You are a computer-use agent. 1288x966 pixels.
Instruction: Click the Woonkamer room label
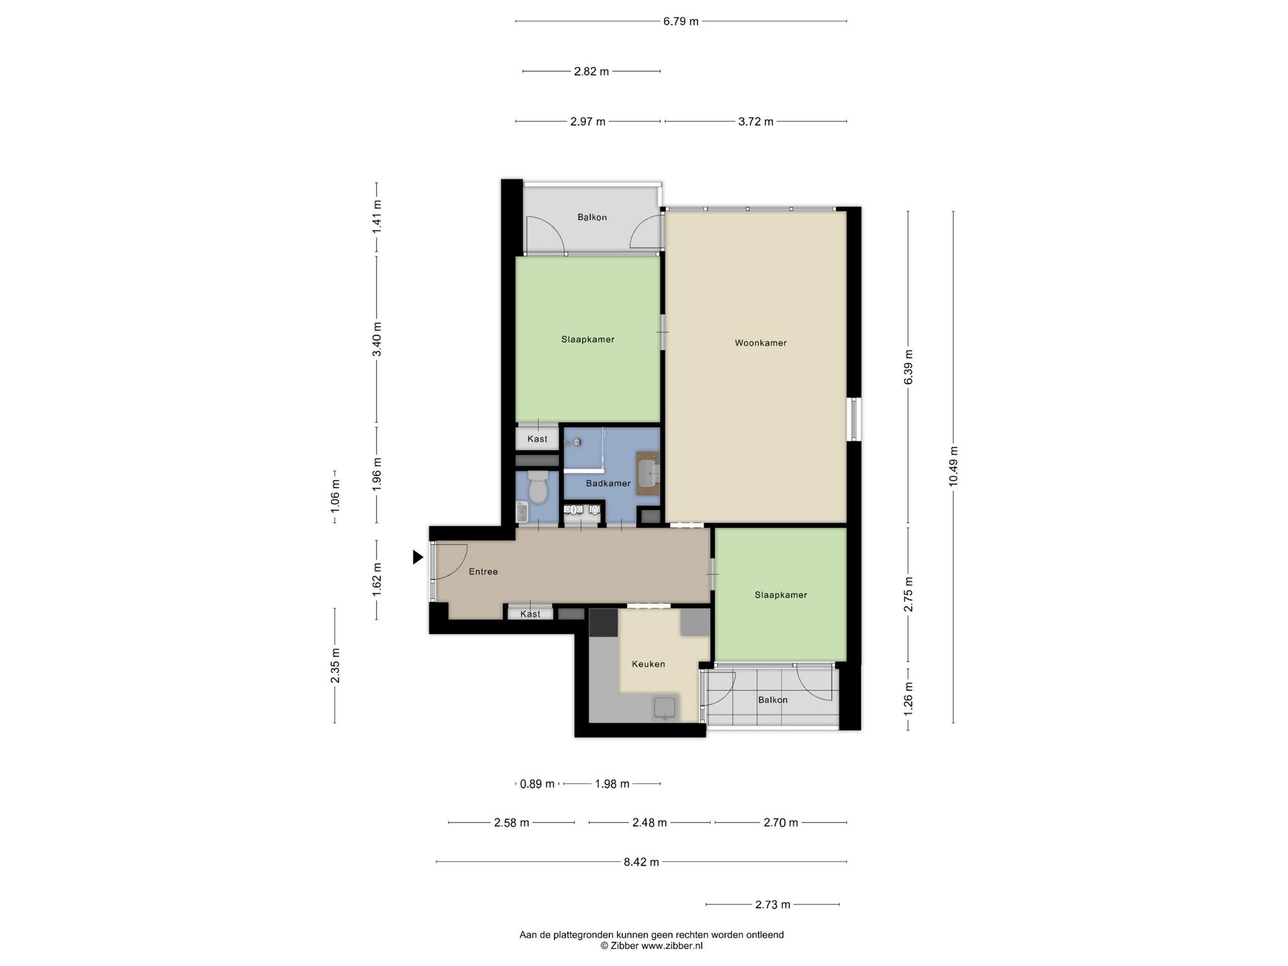click(x=760, y=343)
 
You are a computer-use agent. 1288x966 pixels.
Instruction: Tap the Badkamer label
click(x=608, y=483)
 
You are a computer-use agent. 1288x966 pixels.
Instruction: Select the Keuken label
click(x=648, y=663)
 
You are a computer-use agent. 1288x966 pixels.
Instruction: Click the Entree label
click(x=483, y=572)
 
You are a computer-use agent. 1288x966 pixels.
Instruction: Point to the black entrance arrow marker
click(x=418, y=557)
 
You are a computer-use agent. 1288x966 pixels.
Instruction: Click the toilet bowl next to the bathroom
click(x=538, y=488)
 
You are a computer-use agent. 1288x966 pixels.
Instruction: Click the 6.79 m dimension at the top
click(x=680, y=21)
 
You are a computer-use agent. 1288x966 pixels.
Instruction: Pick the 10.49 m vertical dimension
click(x=953, y=466)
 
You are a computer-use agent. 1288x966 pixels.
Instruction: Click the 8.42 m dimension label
click(x=641, y=862)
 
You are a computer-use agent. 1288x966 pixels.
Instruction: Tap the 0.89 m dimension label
click(x=538, y=784)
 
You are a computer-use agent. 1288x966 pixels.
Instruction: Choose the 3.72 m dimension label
click(x=755, y=121)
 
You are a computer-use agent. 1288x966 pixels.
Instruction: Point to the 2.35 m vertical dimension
click(x=335, y=665)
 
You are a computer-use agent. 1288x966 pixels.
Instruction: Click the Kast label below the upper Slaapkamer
click(x=537, y=439)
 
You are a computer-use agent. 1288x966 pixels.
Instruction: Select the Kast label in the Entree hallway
click(x=530, y=614)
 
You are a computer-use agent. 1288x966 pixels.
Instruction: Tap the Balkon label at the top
click(x=592, y=217)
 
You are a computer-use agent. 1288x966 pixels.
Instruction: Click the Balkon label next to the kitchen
click(x=772, y=699)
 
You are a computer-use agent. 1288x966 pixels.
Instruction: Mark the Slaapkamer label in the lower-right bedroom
click(x=780, y=594)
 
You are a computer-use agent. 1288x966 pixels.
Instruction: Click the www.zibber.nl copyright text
click(x=652, y=945)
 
